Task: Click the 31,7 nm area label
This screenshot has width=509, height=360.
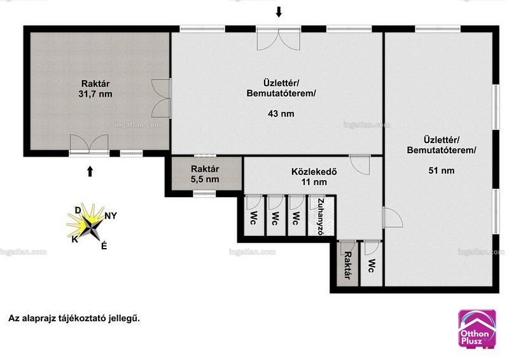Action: coord(95,94)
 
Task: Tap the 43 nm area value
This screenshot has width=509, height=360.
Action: coord(281,114)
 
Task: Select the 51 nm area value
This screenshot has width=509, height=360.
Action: coord(442,170)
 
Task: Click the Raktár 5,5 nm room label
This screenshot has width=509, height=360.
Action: coord(205,174)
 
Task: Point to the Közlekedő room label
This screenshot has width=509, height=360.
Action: coord(314,171)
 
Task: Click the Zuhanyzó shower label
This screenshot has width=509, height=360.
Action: coord(321,216)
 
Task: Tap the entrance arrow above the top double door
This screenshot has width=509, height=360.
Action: coord(279,12)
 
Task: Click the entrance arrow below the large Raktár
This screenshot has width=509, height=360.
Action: coord(90,171)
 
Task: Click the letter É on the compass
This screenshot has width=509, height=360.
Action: coord(104,246)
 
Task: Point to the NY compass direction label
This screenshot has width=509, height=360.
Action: coord(111,216)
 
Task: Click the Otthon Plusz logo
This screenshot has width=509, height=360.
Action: coord(477,329)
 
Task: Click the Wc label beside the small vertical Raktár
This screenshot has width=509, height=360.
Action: coord(372,265)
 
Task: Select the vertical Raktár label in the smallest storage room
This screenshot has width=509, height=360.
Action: coord(347,265)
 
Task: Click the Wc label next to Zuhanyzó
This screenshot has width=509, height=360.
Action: coord(295,218)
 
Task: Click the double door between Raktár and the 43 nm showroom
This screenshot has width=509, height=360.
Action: coord(162,98)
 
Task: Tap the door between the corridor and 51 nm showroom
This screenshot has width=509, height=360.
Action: coord(393,217)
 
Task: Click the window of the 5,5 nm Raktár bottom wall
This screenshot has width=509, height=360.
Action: coord(204,194)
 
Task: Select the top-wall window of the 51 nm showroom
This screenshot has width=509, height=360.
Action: coord(438,29)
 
